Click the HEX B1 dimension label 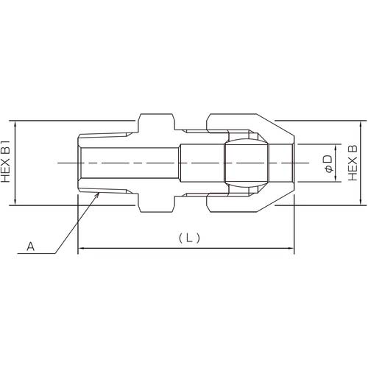point(7,162)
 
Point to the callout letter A point(30,248)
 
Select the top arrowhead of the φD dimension point(335,145)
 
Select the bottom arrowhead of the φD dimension point(335,179)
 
